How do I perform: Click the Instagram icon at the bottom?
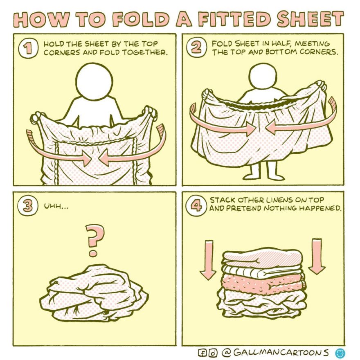[212, 352]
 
